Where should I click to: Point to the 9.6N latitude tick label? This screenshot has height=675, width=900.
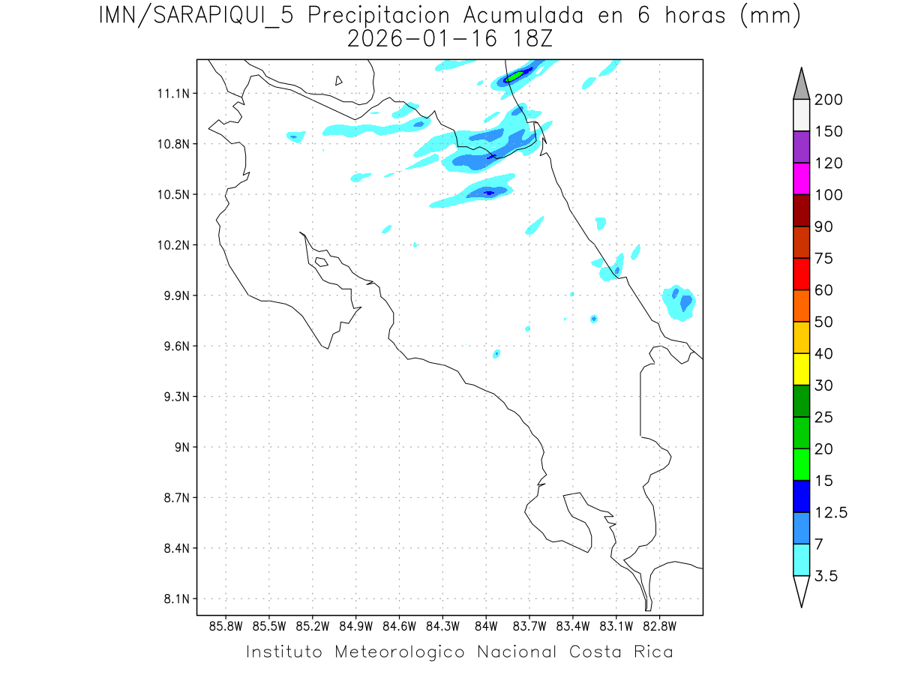click(x=174, y=346)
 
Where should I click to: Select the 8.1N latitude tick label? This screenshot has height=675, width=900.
click(x=174, y=599)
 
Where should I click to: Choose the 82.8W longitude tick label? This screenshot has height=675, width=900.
click(x=659, y=625)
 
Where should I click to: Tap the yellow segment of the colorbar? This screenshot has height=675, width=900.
click(x=801, y=369)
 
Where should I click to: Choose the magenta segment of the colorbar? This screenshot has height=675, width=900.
click(x=801, y=178)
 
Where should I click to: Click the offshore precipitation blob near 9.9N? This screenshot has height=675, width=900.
click(x=679, y=303)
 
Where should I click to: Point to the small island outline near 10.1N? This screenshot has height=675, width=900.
click(x=321, y=262)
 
